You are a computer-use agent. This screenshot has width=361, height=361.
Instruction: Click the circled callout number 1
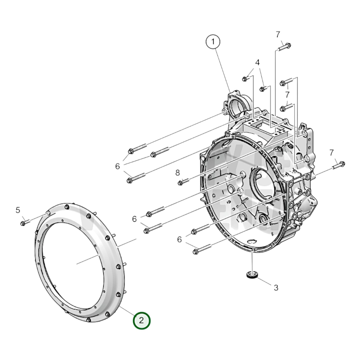213,42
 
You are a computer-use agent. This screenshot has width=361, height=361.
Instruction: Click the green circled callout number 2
142,320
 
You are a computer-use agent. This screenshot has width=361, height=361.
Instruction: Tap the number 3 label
276,288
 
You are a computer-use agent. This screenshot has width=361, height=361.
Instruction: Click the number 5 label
18,210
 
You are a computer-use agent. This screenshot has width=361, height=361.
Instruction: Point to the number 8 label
177,173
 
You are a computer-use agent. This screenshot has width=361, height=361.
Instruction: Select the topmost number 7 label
278,35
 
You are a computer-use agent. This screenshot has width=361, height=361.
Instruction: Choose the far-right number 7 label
332,153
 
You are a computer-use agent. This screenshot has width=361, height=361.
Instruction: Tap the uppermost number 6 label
117,166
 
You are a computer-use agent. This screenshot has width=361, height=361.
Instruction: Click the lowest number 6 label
179,240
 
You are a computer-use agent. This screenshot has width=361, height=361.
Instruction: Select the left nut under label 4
245,79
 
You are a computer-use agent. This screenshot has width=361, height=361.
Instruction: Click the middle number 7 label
287,95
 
